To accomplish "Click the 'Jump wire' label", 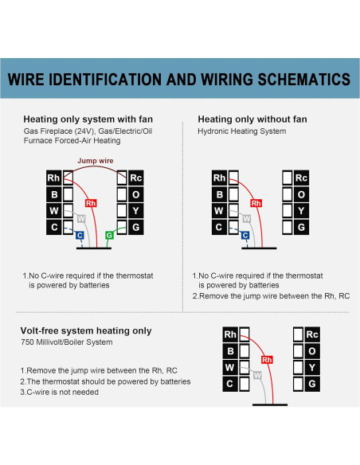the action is point(96,161).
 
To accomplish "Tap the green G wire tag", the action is point(109,235).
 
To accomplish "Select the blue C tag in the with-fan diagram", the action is point(80,236).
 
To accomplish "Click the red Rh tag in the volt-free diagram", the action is point(267,360).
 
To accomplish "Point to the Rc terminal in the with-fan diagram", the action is point(136,178).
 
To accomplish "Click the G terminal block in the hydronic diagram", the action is point(301,227).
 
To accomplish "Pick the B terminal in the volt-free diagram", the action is point(230,351).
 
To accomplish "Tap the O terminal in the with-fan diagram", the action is point(136,194).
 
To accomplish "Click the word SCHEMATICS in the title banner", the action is point(304,79).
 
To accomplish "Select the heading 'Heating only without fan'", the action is point(252,119).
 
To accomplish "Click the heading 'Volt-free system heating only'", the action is point(86,330).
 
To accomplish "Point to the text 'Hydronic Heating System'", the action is point(242,131).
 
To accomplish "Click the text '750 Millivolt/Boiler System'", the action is point(67,342).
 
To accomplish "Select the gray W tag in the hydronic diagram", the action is point(246,219).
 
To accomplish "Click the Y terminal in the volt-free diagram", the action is point(312,367).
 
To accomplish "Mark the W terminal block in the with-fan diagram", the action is point(54,211).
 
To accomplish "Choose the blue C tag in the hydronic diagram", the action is point(245,236).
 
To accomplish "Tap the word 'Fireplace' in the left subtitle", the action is point(57,131).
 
